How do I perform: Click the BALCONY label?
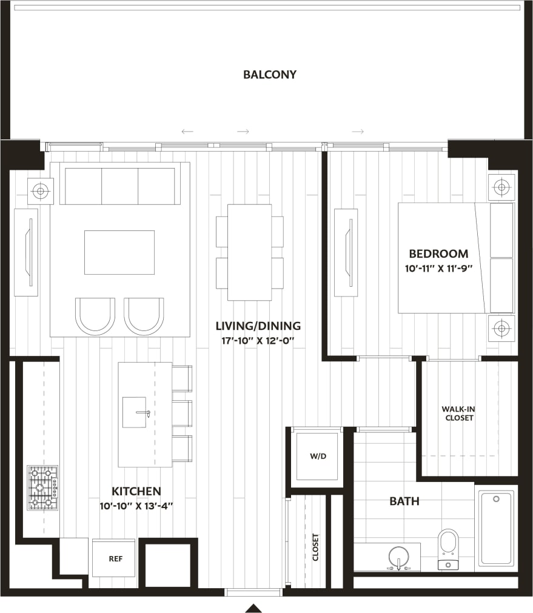point(270,75)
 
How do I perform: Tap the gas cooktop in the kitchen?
point(42,487)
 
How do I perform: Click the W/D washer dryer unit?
point(317,457)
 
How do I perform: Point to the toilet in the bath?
point(449,547)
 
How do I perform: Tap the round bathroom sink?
point(398,557)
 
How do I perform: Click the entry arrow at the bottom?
point(253,608)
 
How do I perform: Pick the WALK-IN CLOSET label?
point(458,414)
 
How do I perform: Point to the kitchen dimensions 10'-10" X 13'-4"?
point(136,505)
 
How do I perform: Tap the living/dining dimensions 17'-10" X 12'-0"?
point(258,340)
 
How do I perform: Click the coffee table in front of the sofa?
point(119,252)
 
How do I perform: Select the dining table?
point(249,252)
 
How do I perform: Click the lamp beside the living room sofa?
point(41,191)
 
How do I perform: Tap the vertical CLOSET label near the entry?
point(315,547)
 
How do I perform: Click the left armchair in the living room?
point(95,315)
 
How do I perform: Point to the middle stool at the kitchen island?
point(182,413)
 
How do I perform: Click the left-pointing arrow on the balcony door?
point(187,131)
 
